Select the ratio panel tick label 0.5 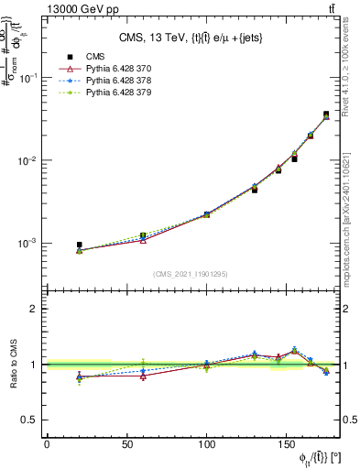30,420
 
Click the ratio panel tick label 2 35,309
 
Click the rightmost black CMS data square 326,115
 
